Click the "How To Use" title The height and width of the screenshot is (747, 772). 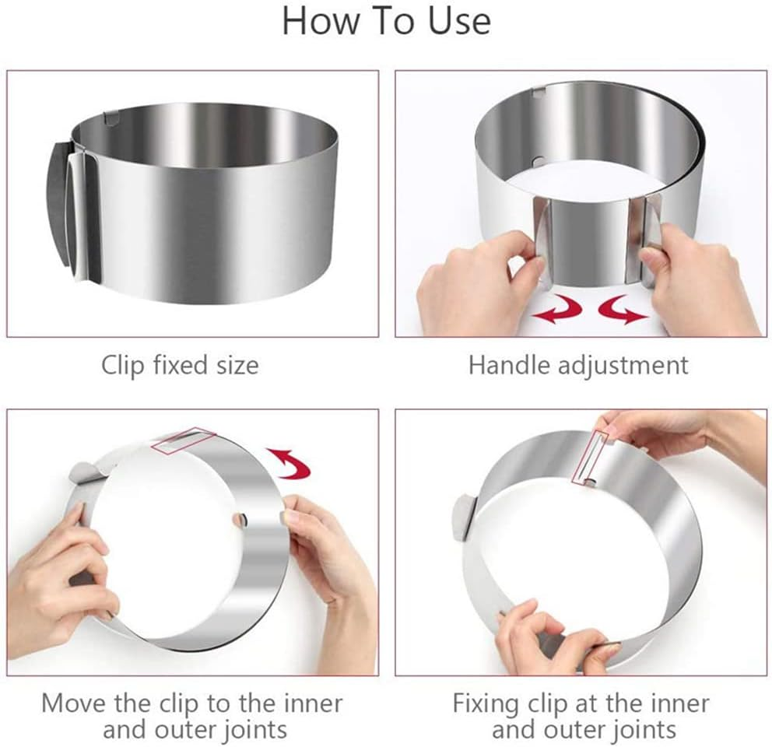point(385,21)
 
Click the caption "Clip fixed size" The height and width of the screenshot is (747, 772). point(179,365)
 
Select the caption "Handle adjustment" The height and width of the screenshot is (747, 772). point(578,365)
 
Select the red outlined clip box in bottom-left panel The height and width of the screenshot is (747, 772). point(184,440)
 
